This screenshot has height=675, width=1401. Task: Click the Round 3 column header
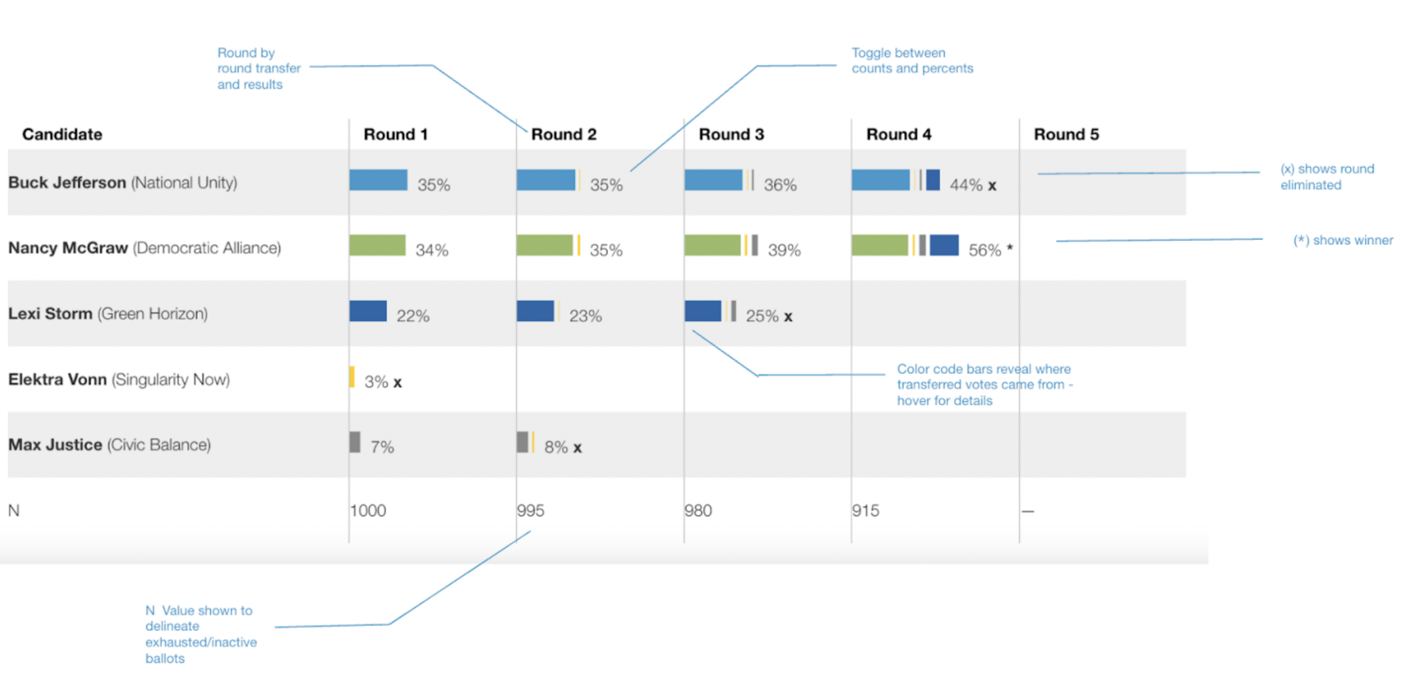pyautogui.click(x=731, y=134)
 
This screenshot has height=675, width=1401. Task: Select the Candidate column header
pyautogui.click(x=62, y=134)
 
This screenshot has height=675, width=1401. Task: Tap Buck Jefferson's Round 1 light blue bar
pyautogui.click(x=378, y=180)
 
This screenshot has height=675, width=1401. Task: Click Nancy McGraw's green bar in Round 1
pyautogui.click(x=377, y=245)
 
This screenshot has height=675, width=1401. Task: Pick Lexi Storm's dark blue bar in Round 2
pyautogui.click(x=535, y=311)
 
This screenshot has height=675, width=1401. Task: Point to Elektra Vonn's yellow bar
pyautogui.click(x=352, y=377)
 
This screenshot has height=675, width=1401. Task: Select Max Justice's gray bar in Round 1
pyautogui.click(x=355, y=442)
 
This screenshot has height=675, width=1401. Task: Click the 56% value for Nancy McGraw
pyautogui.click(x=985, y=250)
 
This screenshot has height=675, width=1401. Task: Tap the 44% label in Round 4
pyautogui.click(x=966, y=185)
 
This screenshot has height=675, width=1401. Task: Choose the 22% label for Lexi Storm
pyautogui.click(x=413, y=316)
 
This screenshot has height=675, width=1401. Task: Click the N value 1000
pyautogui.click(x=368, y=510)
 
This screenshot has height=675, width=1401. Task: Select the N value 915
pyautogui.click(x=865, y=510)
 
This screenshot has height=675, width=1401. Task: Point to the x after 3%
pyautogui.click(x=397, y=382)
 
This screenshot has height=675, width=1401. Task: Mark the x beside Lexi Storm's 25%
pyautogui.click(x=788, y=317)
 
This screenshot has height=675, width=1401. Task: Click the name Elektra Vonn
pyautogui.click(x=57, y=379)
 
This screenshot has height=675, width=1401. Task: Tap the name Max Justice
pyautogui.click(x=55, y=445)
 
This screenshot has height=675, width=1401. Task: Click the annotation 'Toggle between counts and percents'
pyautogui.click(x=912, y=60)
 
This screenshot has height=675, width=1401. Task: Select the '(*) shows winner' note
pyautogui.click(x=1343, y=240)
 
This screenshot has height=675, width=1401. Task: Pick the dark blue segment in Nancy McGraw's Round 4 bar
pyautogui.click(x=943, y=245)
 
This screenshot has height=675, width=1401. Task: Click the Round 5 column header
pyautogui.click(x=1066, y=134)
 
